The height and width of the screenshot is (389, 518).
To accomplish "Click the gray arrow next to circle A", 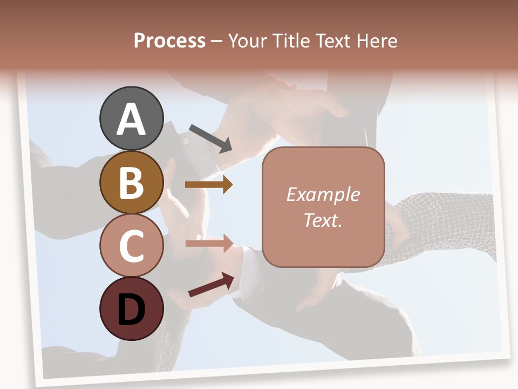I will pos(211,138).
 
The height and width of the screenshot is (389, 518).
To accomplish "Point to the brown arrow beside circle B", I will pos(209,185).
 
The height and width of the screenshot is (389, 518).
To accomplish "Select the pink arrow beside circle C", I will pos(209,243).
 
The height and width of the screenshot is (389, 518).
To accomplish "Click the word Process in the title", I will pos(169,41).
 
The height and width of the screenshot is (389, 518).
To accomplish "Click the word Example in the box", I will pos(323,194).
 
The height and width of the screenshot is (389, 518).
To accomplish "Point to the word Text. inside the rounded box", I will pos(323,220).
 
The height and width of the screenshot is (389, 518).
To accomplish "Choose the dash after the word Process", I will pos(216,41).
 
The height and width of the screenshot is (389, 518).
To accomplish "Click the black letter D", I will pos(131,311).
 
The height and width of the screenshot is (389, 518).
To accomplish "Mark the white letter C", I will pos(131,246).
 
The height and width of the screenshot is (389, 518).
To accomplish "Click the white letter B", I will pos(131,183).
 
